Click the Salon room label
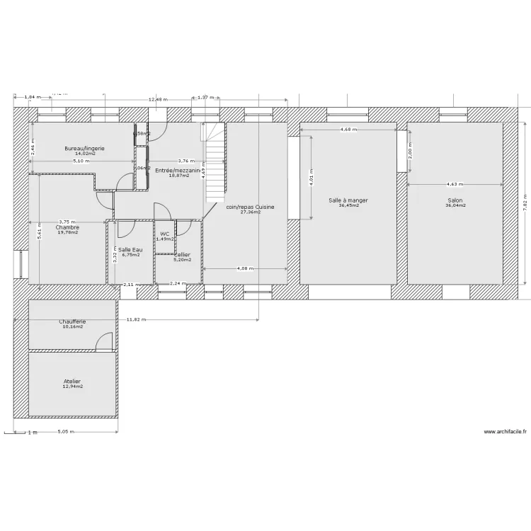454,200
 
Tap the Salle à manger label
348,200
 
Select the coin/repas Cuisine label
250,207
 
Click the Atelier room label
73,381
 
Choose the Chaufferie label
73,321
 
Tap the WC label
164,234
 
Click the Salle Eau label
129,249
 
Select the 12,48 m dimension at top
158,100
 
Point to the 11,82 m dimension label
137,319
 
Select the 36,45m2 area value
348,206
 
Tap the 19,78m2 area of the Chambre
68,232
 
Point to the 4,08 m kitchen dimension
244,268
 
